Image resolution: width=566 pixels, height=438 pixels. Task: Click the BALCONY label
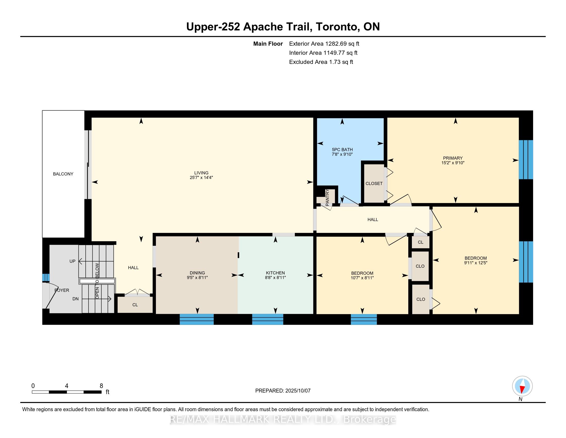(x=63, y=174)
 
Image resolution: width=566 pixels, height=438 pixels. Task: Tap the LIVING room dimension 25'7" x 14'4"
(x=201, y=178)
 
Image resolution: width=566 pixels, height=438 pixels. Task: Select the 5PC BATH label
(x=342, y=149)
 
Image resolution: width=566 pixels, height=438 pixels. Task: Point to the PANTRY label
(x=327, y=198)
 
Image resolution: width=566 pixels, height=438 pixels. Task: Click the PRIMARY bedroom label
(x=453, y=158)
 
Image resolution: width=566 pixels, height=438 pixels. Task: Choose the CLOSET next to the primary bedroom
(x=374, y=183)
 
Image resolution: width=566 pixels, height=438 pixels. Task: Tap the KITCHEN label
(x=275, y=273)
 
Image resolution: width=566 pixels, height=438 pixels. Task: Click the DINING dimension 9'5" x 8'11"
(x=197, y=278)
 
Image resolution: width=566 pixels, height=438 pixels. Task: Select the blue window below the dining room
(x=197, y=319)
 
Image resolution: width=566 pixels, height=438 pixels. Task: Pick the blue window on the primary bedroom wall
(x=526, y=159)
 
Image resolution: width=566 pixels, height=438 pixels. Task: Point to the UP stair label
(x=72, y=261)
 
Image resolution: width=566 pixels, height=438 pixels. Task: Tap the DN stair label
(x=75, y=299)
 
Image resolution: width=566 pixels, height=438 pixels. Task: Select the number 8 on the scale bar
(x=101, y=386)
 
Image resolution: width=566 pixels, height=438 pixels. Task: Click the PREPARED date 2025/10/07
(x=297, y=391)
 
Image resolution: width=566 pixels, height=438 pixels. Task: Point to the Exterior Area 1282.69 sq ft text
(x=324, y=44)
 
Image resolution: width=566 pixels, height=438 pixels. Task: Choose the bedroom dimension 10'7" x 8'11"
(x=362, y=278)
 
